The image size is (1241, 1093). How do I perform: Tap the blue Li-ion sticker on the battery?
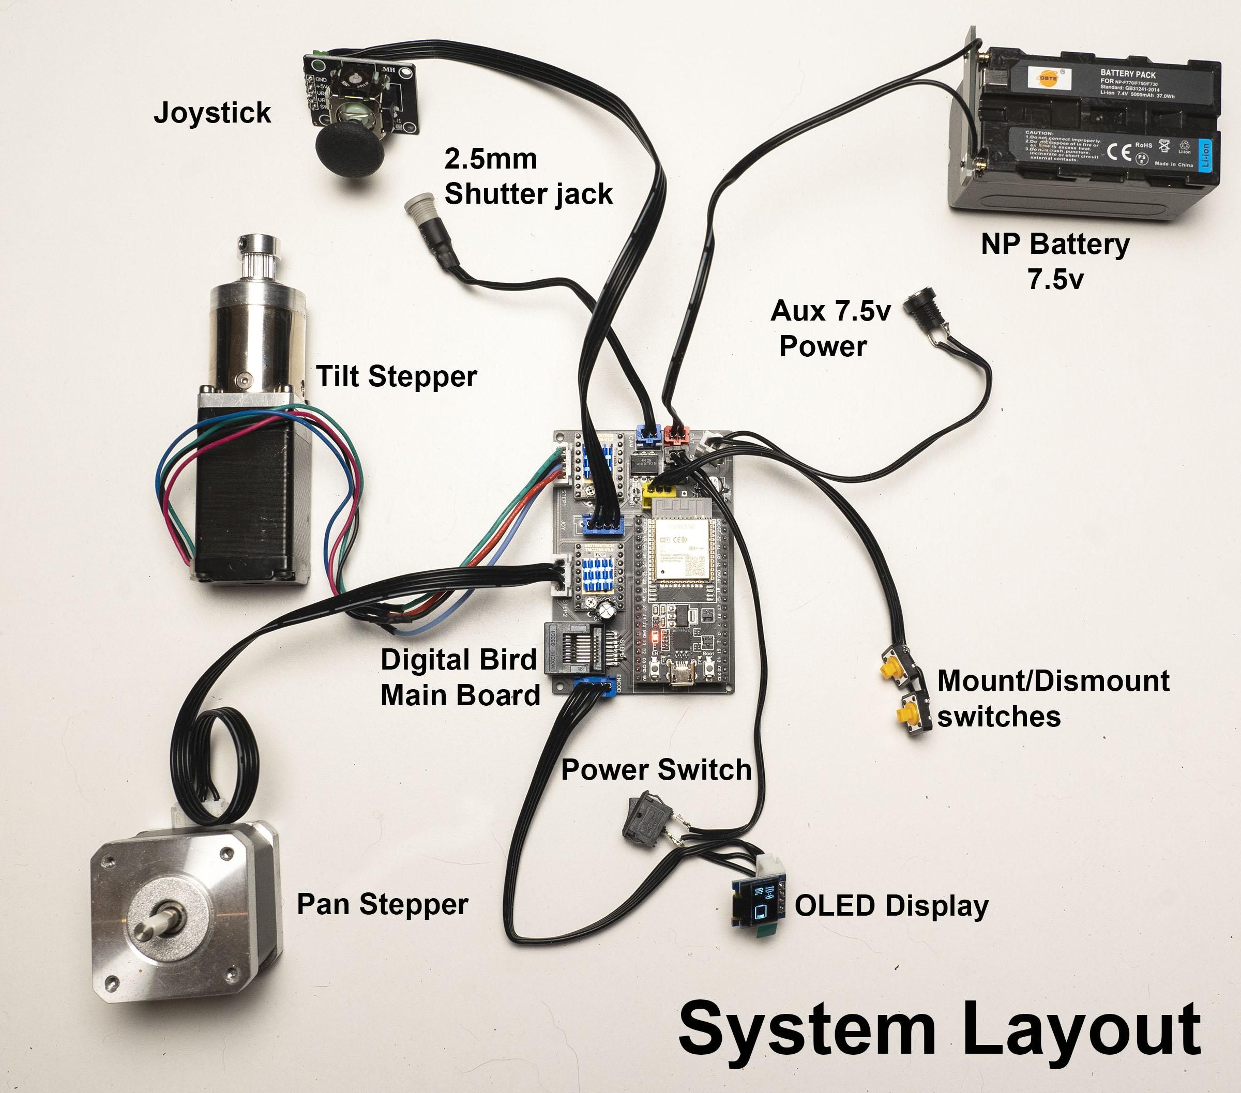[1206, 154]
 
